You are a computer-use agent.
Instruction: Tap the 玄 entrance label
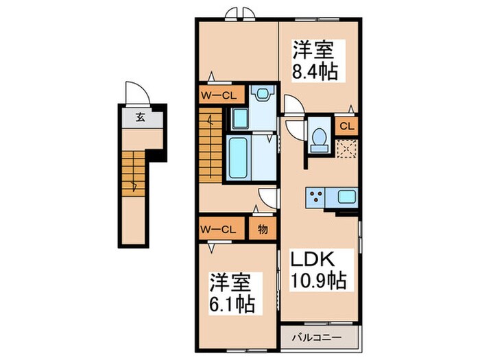[x=140, y=117]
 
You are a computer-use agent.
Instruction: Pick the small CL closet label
[x=347, y=125]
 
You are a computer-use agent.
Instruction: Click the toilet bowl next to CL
[x=317, y=138]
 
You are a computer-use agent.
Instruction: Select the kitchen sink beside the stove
[x=346, y=197]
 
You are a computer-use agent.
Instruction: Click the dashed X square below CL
[x=347, y=147]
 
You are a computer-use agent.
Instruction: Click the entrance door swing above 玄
[x=133, y=94]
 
